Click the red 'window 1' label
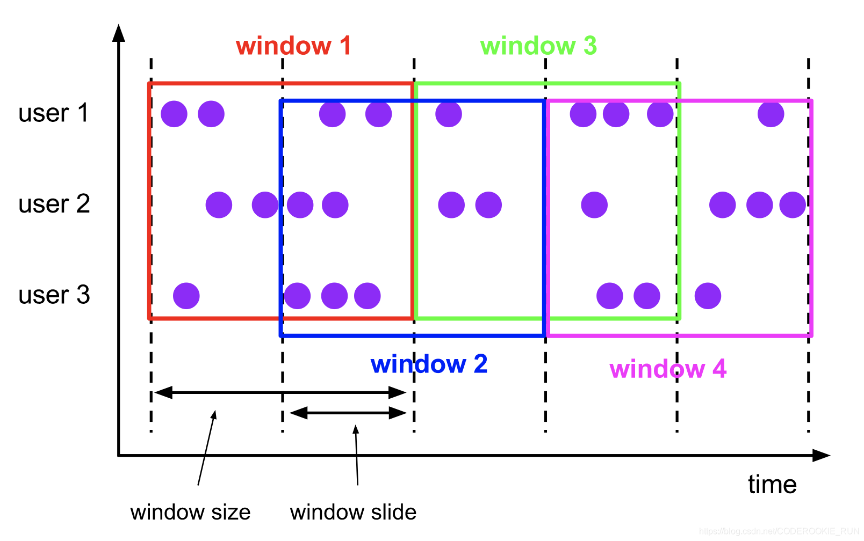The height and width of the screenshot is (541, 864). (293, 46)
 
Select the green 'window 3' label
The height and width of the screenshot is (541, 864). (538, 46)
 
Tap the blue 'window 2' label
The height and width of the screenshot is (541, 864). (429, 364)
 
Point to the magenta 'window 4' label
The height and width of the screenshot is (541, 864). (668, 369)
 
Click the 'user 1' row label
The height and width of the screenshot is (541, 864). (53, 113)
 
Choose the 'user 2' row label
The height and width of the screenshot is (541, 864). (54, 204)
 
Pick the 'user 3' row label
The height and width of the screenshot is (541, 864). (54, 295)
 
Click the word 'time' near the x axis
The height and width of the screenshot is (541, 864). (772, 485)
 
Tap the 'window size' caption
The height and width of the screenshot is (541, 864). (190, 512)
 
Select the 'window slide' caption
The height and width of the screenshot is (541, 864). (353, 512)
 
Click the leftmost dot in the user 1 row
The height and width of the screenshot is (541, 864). (174, 114)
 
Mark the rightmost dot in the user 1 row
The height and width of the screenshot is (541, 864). (771, 114)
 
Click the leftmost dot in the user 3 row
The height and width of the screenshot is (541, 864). (186, 296)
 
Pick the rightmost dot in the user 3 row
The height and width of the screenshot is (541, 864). (708, 296)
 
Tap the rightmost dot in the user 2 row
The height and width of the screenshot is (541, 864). (793, 204)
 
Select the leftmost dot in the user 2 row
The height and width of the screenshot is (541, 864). (219, 204)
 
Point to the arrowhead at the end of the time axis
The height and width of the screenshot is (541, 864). (822, 456)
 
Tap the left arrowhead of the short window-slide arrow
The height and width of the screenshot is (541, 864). (297, 413)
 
